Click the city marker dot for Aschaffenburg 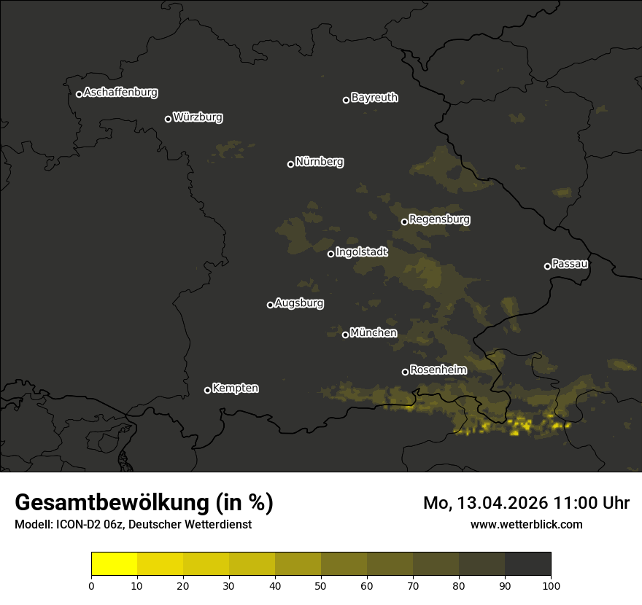tap(79, 94)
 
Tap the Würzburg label tap(198, 117)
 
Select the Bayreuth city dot tap(347, 100)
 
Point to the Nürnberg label tap(320, 162)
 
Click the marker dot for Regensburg tap(404, 222)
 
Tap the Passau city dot tap(547, 266)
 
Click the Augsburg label tap(299, 303)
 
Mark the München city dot tap(345, 335)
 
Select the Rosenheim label tap(438, 370)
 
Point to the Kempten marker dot tap(207, 390)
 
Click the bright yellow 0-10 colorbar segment tap(114, 564)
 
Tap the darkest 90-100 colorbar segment tap(527, 564)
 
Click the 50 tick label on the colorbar tap(321, 585)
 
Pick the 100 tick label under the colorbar tap(551, 585)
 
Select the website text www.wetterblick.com tap(526, 524)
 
